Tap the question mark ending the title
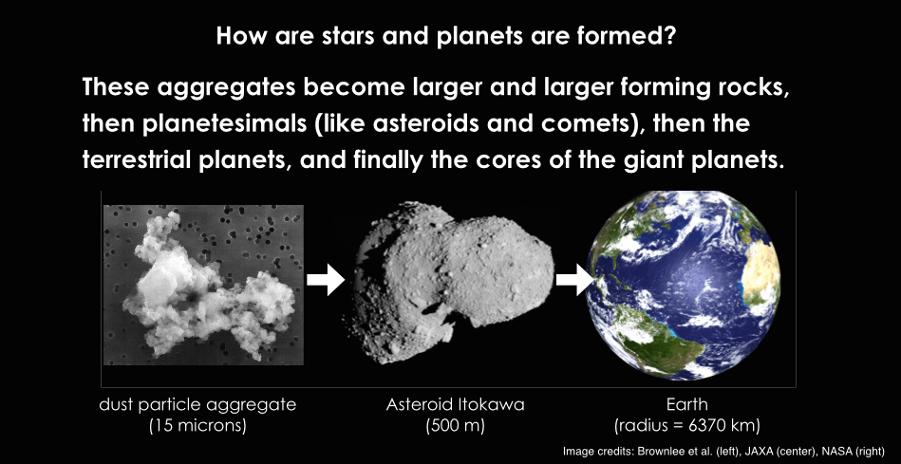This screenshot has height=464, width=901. [679, 37]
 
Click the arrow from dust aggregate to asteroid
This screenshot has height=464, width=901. [326, 280]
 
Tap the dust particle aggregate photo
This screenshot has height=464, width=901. [203, 285]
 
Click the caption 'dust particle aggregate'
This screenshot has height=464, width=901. [197, 406]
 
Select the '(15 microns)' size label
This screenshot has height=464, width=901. [197, 427]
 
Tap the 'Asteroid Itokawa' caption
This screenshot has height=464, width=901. [455, 405]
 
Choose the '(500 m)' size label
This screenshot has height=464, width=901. [455, 427]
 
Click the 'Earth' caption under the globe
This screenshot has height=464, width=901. [686, 405]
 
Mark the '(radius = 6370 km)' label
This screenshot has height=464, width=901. [686, 427]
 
